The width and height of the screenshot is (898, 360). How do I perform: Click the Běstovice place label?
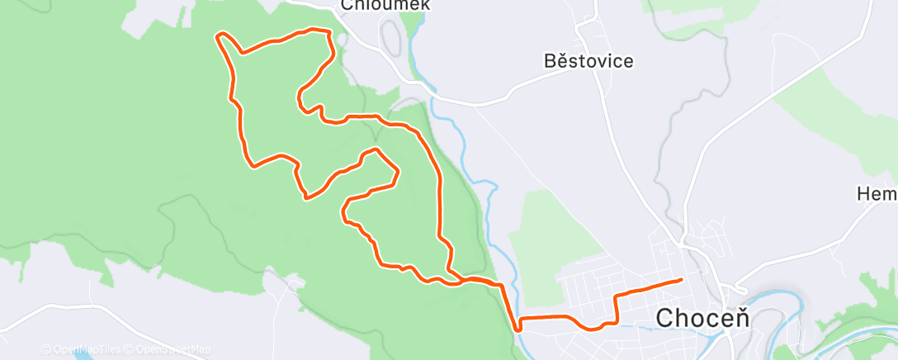pos(588,61)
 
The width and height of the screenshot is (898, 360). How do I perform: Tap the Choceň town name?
pos(702,318)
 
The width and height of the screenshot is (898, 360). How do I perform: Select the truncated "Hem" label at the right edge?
pos(877,194)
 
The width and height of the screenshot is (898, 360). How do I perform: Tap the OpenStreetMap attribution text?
pos(168,349)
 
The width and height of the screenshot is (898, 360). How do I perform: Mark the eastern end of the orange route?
pos(681,280)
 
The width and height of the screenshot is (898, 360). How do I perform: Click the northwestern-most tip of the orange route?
pos(219,36)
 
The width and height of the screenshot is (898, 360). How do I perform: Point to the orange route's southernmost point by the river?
pos(518,329)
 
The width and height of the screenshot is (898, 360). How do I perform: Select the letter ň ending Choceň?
pos(741,318)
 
